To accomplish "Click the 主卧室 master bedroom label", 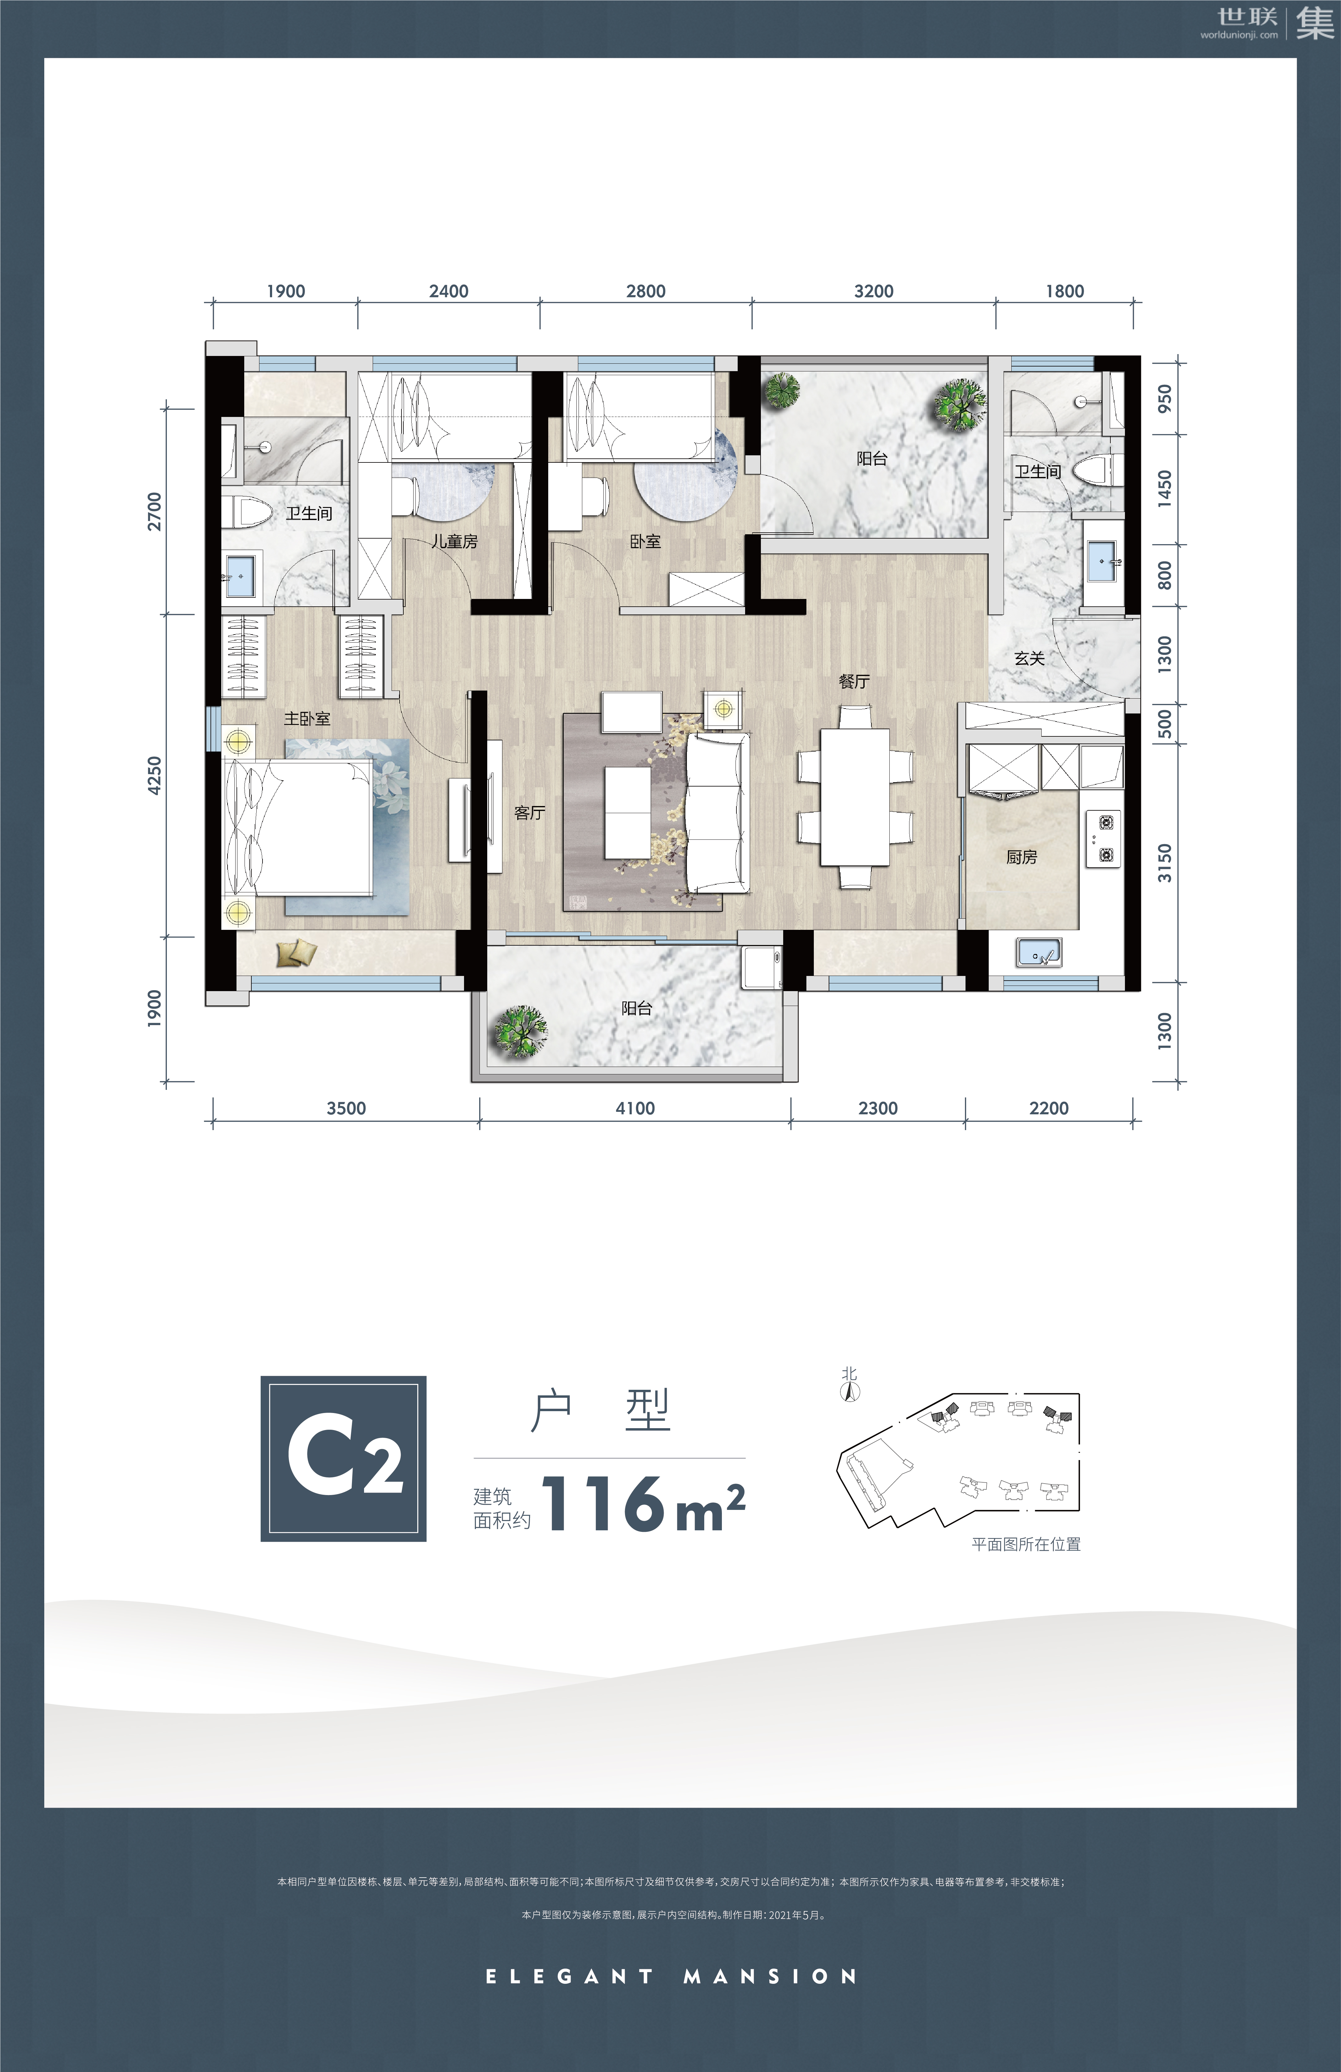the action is pyautogui.click(x=307, y=718).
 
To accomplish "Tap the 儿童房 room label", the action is pyautogui.click(x=454, y=541).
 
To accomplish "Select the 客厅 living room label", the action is pyautogui.click(x=529, y=812).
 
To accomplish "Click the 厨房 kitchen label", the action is pyautogui.click(x=1022, y=857).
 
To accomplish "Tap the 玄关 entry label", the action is pyautogui.click(x=1029, y=658).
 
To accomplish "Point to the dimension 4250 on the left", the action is pyautogui.click(x=154, y=775).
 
